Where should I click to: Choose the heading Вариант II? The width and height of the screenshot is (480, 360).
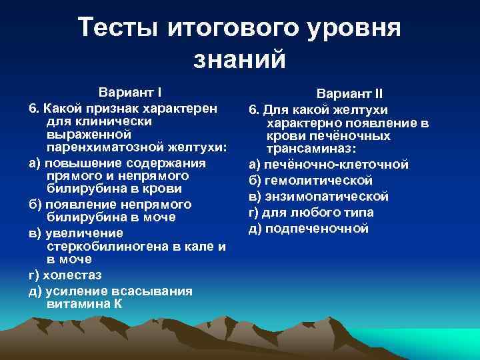[349, 94]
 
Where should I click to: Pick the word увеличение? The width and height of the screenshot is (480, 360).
[81, 233]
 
